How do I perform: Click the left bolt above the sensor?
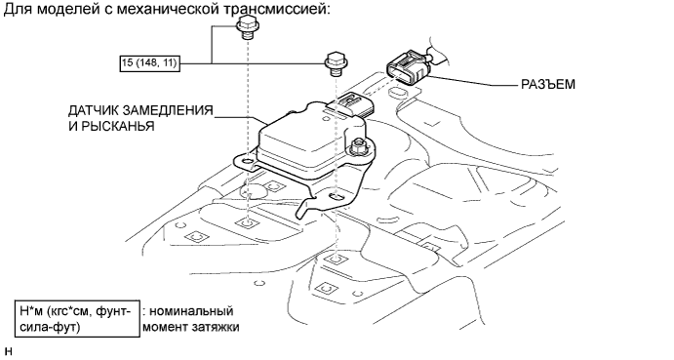click(247, 28)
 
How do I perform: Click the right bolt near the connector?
click(336, 64)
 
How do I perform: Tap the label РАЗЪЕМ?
click(548, 84)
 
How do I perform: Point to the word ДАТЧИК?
click(94, 111)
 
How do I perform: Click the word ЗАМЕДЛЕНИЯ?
click(168, 111)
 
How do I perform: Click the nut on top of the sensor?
click(357, 147)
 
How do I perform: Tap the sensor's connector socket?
click(350, 104)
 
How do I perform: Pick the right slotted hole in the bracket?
click(337, 197)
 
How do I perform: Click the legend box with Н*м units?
click(77, 318)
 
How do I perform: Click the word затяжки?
click(218, 327)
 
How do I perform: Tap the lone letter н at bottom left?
click(9, 351)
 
